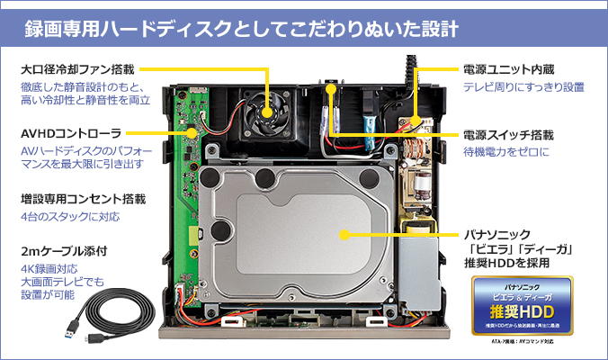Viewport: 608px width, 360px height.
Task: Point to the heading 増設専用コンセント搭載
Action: (83, 198)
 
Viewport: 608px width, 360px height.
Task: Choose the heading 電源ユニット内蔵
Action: (508, 68)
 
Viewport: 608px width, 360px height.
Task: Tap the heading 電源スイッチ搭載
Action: (508, 134)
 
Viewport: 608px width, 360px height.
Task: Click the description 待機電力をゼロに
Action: (507, 154)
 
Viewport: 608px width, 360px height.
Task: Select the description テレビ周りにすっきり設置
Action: (523, 87)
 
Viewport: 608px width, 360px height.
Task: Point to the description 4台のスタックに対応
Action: (68, 217)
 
